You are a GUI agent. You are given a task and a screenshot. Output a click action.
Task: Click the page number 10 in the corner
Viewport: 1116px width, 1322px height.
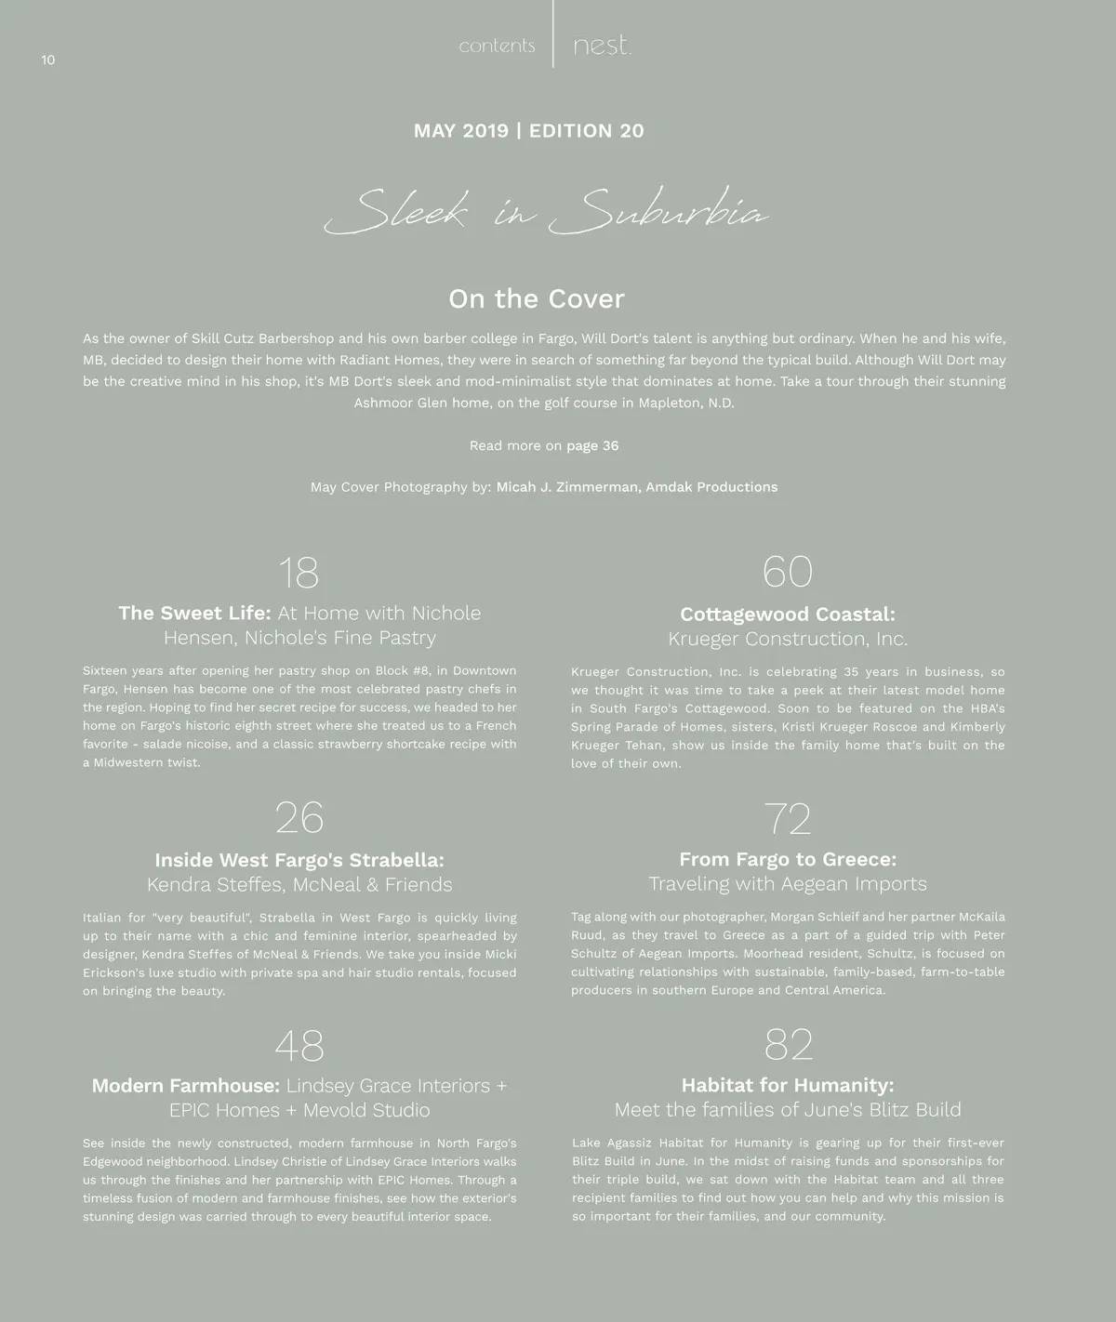point(48,60)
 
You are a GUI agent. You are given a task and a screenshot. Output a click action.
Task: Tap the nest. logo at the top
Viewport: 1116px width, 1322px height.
point(602,46)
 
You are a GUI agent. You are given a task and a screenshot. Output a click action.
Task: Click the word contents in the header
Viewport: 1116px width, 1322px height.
point(497,46)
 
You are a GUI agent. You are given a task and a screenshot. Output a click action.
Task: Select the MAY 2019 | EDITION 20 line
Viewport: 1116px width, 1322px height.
point(528,131)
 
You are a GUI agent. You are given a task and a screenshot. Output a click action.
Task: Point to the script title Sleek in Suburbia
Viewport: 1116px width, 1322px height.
point(546,212)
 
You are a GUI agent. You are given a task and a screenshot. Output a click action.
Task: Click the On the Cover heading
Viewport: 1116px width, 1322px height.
point(537,298)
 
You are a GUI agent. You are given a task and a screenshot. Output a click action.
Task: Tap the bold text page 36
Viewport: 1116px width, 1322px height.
point(592,445)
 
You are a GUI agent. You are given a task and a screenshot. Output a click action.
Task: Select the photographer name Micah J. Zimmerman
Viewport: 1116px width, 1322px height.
point(566,487)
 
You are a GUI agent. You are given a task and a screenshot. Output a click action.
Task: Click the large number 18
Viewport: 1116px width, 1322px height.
point(299,573)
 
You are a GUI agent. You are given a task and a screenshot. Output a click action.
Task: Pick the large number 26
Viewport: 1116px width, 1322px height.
point(299,818)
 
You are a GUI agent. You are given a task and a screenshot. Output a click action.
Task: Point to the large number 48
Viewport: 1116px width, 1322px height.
point(299,1046)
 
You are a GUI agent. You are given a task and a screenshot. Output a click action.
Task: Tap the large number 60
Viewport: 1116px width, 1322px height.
point(787,572)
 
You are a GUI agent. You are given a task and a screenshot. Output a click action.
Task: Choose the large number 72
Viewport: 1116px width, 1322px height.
point(788,819)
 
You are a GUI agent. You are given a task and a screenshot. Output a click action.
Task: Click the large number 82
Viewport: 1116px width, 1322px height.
point(788,1045)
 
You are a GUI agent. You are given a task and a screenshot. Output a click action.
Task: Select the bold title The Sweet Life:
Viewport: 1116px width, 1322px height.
point(194,614)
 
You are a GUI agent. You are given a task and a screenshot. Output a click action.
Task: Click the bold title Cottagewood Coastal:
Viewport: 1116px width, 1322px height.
point(788,615)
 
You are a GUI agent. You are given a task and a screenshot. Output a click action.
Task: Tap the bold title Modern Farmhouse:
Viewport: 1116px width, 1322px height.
point(185,1086)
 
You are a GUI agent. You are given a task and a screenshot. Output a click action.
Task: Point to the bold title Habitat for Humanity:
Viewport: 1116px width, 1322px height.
point(788,1085)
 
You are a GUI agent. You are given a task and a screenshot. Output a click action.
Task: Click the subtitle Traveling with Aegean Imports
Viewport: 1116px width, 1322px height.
point(788,884)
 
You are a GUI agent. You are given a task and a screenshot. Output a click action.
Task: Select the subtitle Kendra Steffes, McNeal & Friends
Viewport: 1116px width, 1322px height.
point(299,885)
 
